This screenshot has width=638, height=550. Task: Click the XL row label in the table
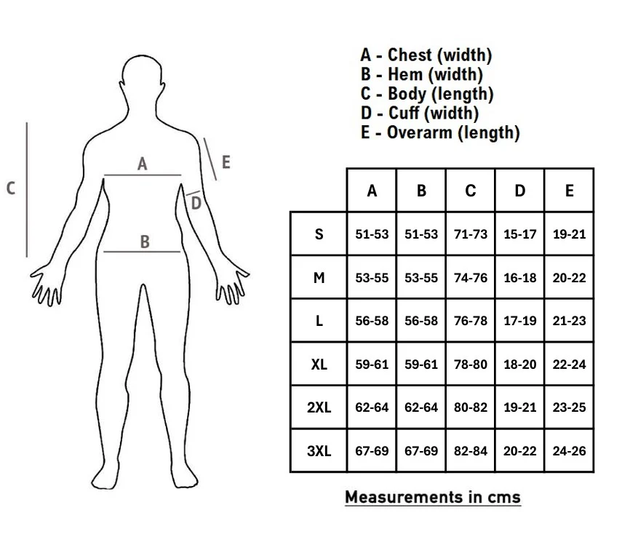tap(319, 364)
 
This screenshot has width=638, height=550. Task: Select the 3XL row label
tap(319, 450)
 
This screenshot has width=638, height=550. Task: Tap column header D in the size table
tap(519, 191)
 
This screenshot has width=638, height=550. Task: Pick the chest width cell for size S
tap(372, 234)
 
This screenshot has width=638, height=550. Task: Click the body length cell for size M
tap(471, 278)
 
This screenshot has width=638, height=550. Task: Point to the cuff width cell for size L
tap(519, 321)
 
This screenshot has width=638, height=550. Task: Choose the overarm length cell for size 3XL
tap(569, 450)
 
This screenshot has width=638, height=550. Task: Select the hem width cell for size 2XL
tap(421, 407)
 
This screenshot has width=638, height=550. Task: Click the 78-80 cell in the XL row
tap(471, 364)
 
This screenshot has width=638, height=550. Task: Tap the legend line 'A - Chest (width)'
tap(426, 55)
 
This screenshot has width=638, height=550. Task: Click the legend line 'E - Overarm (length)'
tap(439, 132)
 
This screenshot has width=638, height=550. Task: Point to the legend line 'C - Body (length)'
tap(426, 94)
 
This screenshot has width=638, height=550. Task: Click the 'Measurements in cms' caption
tap(433, 497)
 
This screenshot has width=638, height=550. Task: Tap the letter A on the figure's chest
tap(143, 164)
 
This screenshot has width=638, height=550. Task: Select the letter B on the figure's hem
tap(145, 242)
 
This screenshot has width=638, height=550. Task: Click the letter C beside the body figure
tap(11, 188)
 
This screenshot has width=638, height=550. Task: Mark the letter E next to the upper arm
tap(226, 162)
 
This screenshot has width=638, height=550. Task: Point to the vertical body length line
tap(27, 189)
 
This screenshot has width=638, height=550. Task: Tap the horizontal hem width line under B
tap(142, 252)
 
